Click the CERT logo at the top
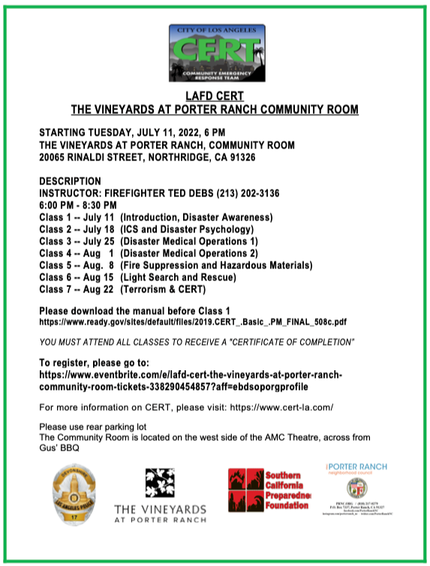point(216,52)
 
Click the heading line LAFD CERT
point(215,96)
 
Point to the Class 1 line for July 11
point(155,217)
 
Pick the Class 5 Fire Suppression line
point(176,265)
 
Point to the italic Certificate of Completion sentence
point(197,342)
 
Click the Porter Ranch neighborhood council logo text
point(356,470)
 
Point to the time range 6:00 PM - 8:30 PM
point(78,205)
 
